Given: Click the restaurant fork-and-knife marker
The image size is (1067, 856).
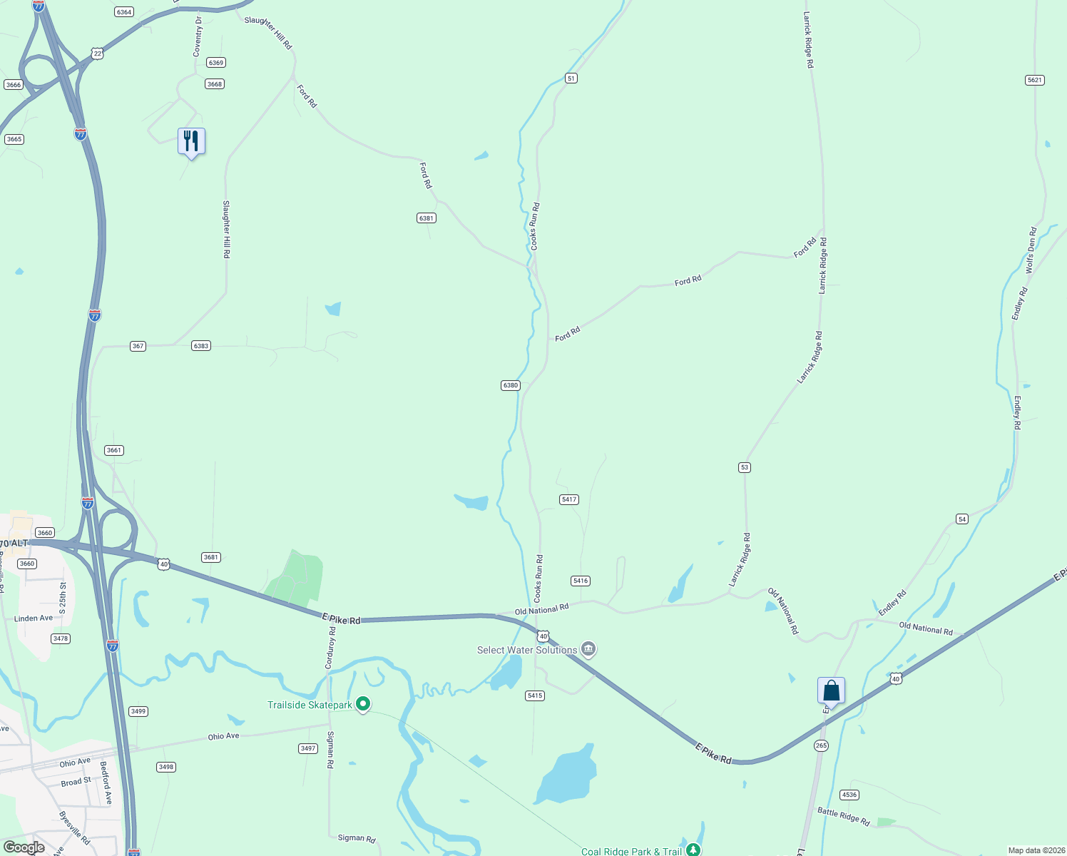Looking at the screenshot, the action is [x=191, y=141].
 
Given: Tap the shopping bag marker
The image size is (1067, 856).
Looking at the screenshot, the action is [x=831, y=691].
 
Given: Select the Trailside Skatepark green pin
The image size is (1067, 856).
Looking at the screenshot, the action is [x=363, y=705].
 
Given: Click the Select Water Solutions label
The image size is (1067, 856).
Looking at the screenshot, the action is [x=527, y=650].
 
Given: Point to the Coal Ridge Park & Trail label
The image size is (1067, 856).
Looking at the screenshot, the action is [x=631, y=851].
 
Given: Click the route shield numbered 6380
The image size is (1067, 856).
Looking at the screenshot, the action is [x=511, y=385].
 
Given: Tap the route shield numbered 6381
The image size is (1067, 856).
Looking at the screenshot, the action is [x=427, y=218].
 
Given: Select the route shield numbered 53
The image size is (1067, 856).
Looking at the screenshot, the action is [x=745, y=467].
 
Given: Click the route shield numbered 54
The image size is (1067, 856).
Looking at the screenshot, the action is [x=962, y=519].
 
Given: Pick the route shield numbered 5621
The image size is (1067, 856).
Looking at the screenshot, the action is [x=1035, y=80].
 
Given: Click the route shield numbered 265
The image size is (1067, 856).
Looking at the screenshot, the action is [x=821, y=745].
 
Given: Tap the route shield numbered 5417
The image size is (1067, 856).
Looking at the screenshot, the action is [x=568, y=499].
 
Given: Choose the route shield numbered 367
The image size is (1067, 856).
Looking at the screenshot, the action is [x=138, y=346].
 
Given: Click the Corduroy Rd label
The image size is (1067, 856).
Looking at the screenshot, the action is [x=330, y=648].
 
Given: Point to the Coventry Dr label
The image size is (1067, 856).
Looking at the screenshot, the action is [x=198, y=36].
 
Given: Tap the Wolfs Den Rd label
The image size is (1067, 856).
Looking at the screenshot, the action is [x=1031, y=250].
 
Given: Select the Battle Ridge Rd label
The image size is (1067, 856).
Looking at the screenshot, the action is [x=844, y=816].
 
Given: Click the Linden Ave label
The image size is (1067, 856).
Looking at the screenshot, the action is [x=34, y=618].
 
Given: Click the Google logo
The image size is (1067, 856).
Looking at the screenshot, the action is [x=24, y=847].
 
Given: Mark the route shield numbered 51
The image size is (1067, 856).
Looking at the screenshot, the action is [x=571, y=78].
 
